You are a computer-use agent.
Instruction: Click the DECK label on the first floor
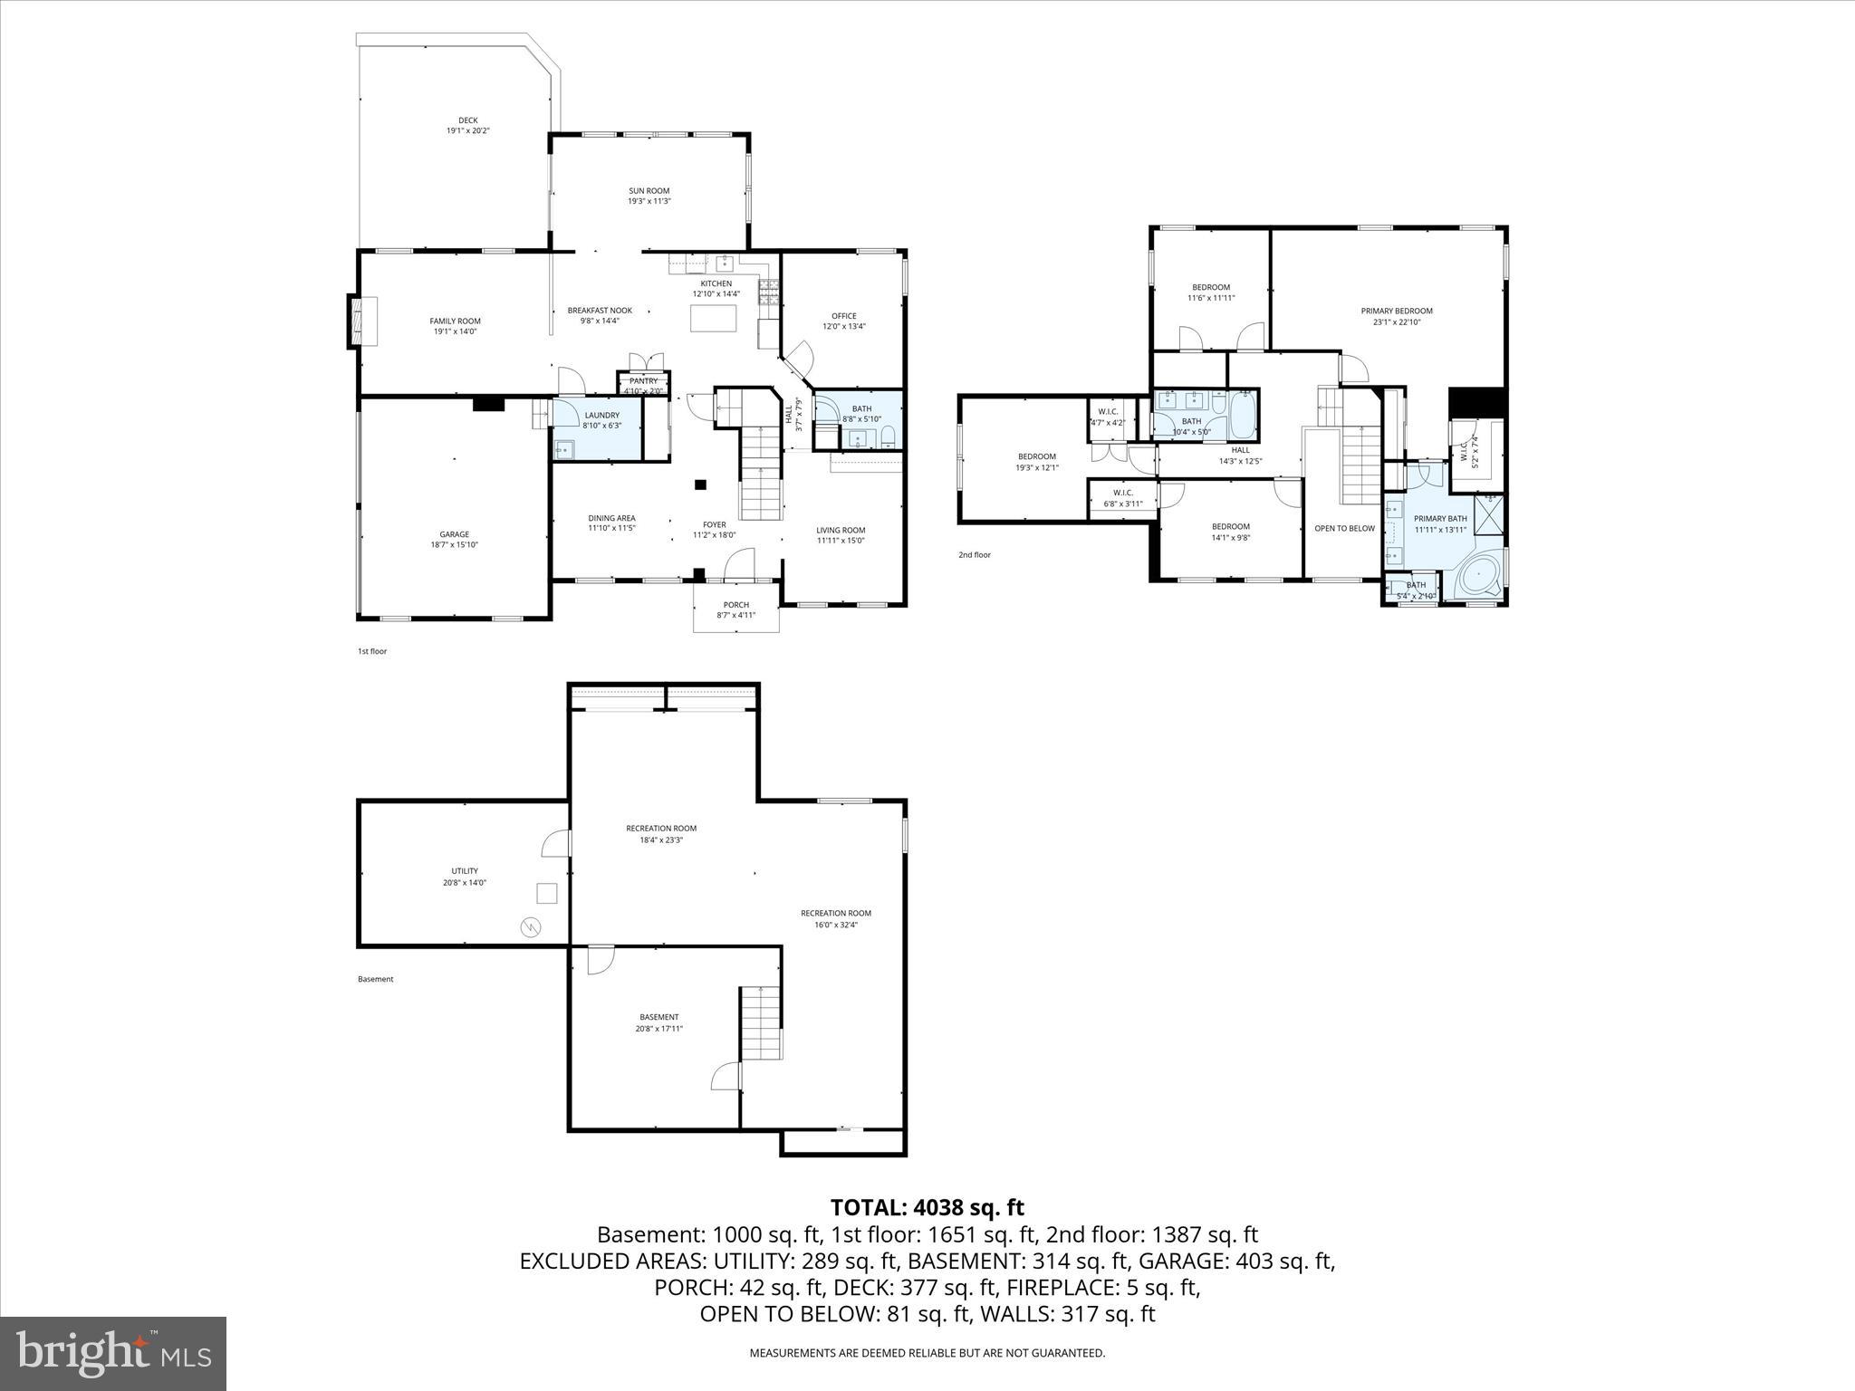coord(467,120)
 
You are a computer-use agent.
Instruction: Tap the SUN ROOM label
coord(649,191)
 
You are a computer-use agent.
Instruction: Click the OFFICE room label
coord(843,316)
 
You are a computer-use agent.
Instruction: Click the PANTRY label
coord(643,381)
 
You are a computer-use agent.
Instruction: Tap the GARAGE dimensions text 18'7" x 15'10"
coord(454,545)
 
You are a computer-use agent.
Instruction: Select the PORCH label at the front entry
coord(735,605)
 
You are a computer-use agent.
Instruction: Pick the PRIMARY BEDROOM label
coord(1396,311)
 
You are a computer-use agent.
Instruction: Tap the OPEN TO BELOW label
coord(1344,528)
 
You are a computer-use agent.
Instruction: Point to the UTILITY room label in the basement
coord(464,871)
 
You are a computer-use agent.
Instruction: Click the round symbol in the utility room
coord(530,926)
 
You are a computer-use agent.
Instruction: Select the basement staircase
coord(761,1022)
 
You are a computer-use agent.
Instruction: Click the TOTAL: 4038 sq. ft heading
coord(927,1207)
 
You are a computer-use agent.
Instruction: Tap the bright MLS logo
coord(113,1353)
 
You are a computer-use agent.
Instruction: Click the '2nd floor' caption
coord(974,554)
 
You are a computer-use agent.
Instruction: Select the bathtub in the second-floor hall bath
coord(1244,415)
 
